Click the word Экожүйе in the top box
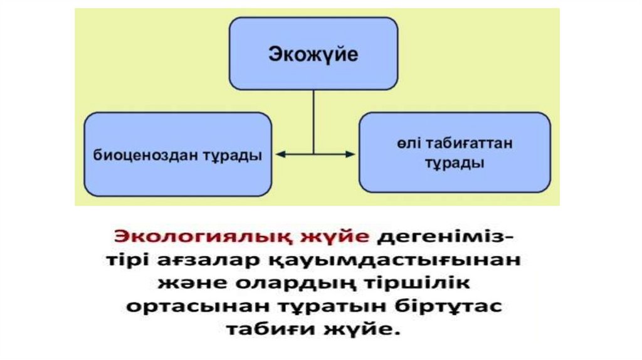pos(313,54)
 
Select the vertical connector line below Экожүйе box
pos(313,119)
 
